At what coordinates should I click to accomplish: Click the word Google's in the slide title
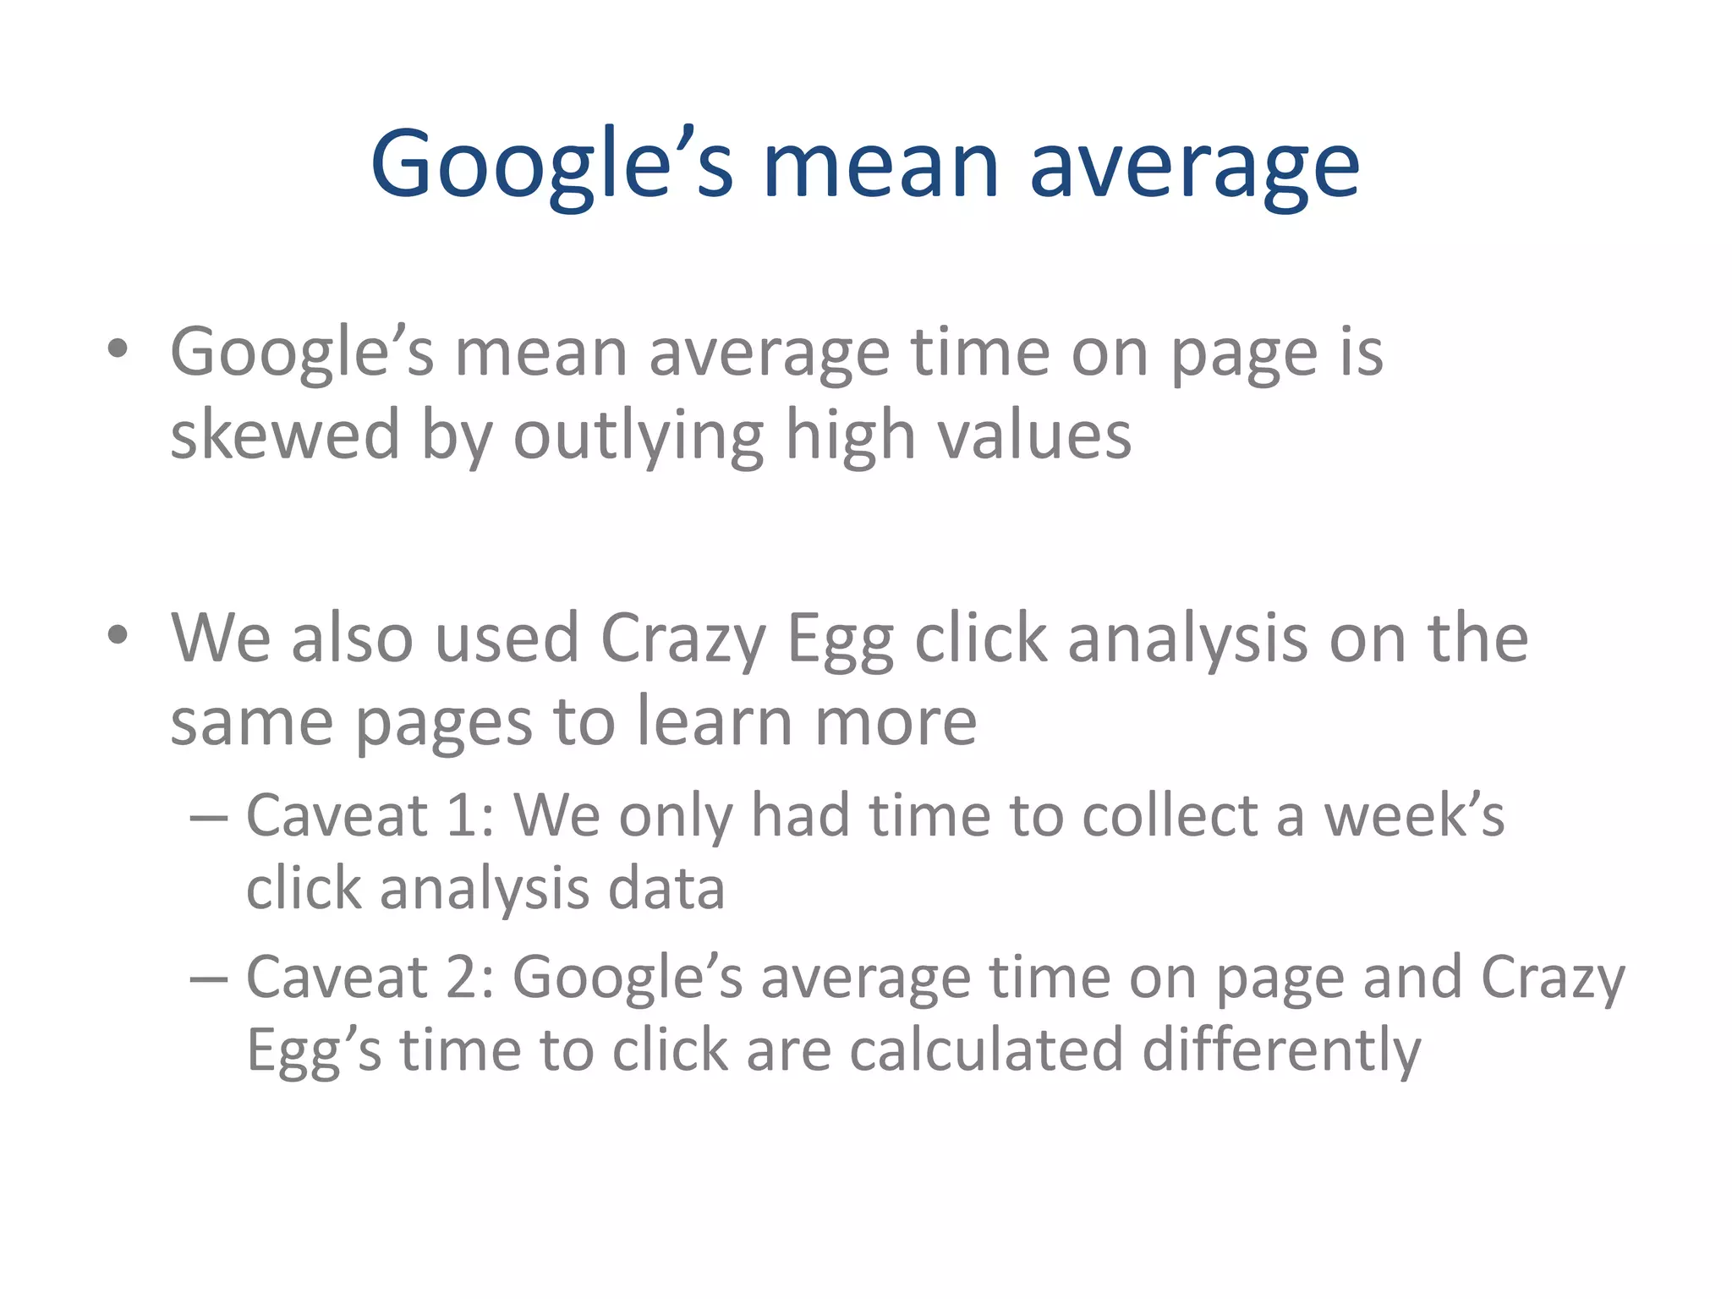coord(551,165)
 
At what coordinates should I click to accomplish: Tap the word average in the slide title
coord(1194,165)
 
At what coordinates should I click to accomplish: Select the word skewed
coord(285,435)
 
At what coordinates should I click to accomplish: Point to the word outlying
coord(639,436)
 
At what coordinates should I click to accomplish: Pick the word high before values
coord(851,436)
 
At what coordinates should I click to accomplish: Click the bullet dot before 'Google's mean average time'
coord(118,348)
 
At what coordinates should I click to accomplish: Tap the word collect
coord(1170,815)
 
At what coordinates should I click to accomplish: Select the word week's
coord(1414,815)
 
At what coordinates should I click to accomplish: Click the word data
coord(666,889)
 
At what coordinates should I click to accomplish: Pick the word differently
coord(1281,1051)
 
